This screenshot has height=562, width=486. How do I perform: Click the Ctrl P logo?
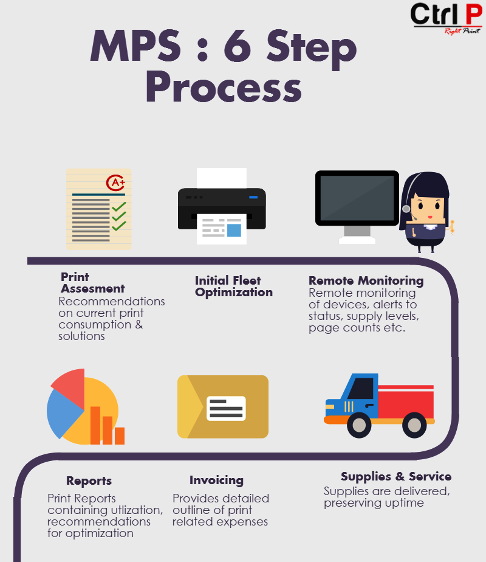[x=447, y=19]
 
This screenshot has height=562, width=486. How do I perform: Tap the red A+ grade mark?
[x=115, y=183]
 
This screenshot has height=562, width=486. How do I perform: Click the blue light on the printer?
[x=253, y=197]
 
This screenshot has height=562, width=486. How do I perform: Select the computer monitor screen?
[x=357, y=198]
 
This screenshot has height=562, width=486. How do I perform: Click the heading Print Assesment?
[x=93, y=283]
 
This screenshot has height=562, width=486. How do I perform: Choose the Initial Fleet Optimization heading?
[x=234, y=286]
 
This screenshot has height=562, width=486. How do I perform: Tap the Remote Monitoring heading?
[x=366, y=280]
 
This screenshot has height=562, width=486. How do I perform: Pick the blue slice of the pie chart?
[x=63, y=413]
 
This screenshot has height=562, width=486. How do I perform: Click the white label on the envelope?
[x=226, y=408]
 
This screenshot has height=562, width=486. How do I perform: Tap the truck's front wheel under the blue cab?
[x=359, y=425]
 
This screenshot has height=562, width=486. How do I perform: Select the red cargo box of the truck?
[x=406, y=401]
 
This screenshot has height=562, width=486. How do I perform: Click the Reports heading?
[x=89, y=481]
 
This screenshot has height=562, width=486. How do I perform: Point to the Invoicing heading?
[x=216, y=480]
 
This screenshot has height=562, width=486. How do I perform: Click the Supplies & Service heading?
[x=396, y=476]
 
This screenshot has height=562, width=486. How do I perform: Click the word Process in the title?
[x=224, y=87]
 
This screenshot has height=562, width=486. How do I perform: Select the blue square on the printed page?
[x=234, y=230]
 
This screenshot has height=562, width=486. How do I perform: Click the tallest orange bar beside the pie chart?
[x=95, y=425]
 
